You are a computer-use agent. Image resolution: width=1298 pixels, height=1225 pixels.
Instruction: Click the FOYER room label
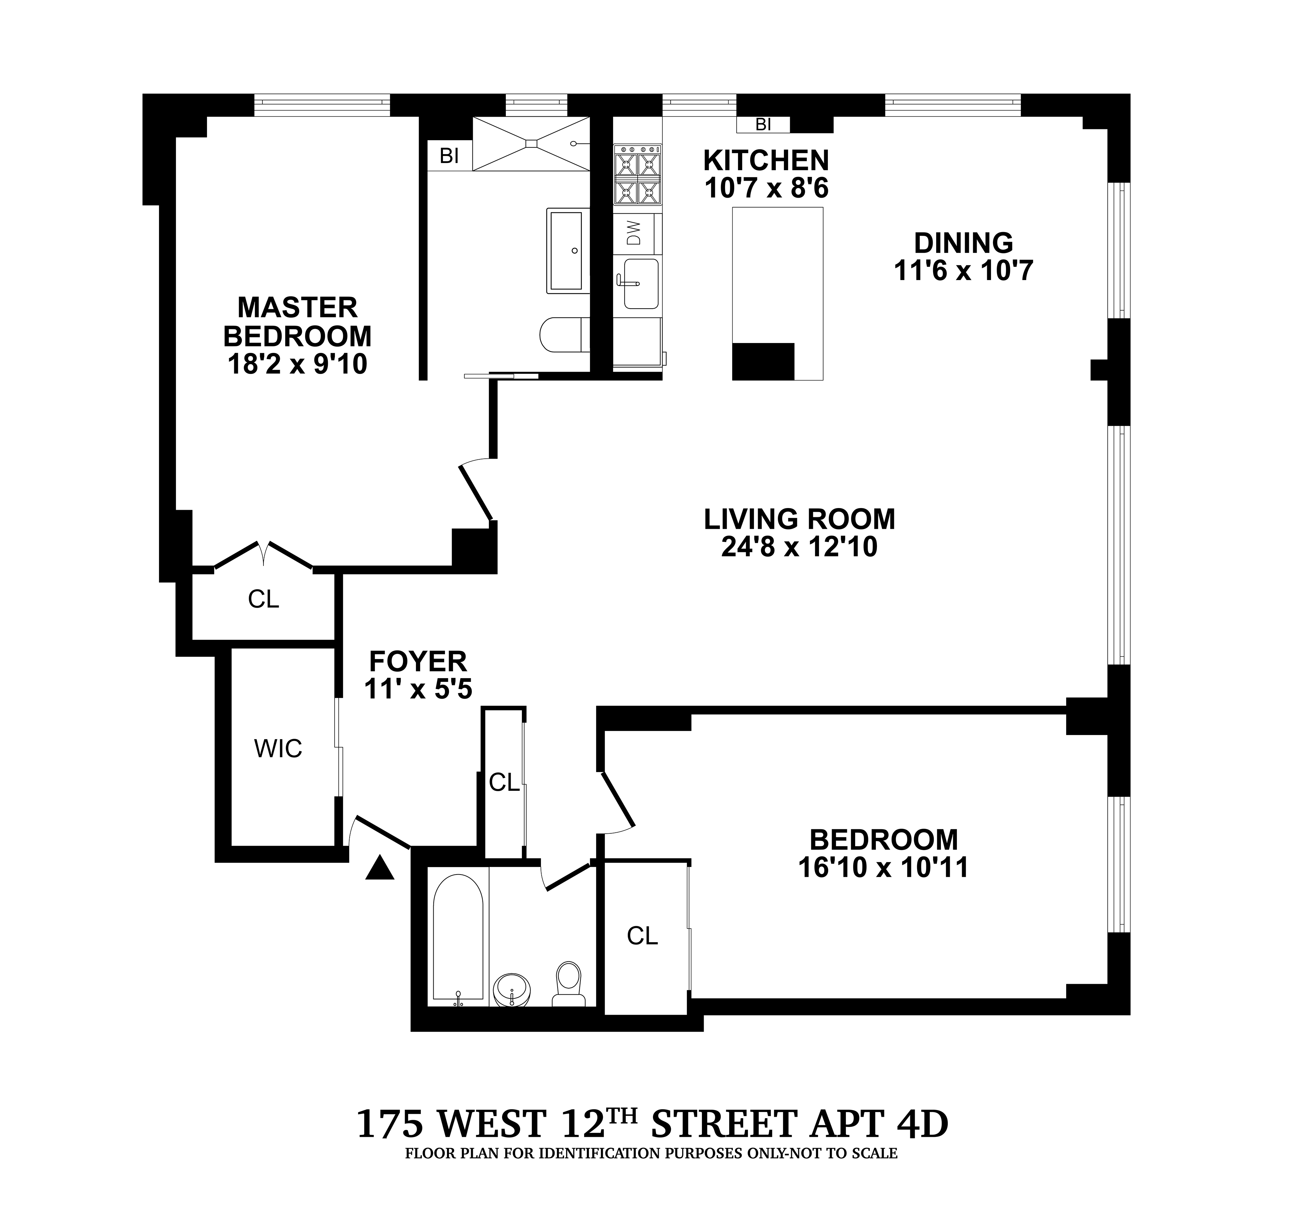click(x=418, y=661)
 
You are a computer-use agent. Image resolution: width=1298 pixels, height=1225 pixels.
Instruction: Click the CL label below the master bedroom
click(x=263, y=599)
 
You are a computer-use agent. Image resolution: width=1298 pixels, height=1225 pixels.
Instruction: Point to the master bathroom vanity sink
click(x=566, y=250)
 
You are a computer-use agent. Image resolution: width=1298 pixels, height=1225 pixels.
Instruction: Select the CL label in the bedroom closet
click(x=642, y=936)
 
